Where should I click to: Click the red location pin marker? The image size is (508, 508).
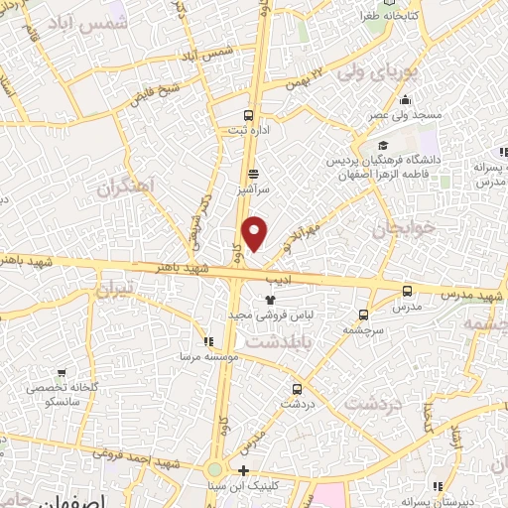coord(255,233)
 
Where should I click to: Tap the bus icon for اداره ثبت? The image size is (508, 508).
coord(248,113)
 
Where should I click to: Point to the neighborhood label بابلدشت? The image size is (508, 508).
coord(275,340)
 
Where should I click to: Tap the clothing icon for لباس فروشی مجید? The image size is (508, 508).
coord(270,299)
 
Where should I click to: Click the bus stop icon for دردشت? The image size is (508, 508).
coord(297,389)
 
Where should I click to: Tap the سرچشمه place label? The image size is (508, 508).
coord(363,329)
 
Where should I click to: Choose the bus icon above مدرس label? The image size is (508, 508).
coord(407,291)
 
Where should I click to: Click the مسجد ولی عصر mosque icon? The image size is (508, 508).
coord(405,100)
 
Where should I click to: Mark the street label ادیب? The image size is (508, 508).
coord(283,281)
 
